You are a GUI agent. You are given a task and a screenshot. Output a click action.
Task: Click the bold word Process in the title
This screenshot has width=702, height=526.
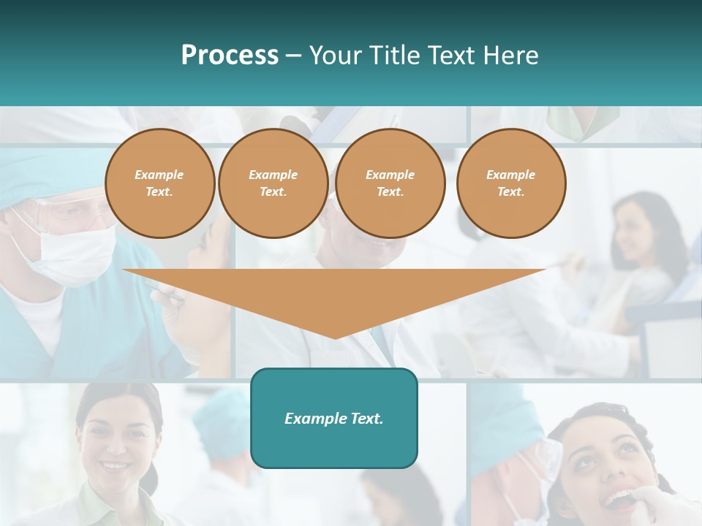230,56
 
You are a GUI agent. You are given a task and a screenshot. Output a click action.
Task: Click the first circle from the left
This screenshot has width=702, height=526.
160,183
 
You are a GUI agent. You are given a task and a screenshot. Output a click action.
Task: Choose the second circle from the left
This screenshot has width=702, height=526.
273,183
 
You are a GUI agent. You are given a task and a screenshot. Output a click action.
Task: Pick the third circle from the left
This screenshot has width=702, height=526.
390,183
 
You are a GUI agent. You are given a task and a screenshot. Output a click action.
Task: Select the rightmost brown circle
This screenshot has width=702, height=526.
511,183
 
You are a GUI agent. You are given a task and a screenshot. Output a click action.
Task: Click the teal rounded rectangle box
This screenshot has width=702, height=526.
334,418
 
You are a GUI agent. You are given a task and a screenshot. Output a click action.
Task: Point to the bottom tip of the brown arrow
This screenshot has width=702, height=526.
335,338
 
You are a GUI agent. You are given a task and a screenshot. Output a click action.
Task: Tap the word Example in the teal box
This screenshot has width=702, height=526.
312,419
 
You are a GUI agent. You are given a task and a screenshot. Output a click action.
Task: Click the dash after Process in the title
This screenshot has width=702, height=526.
293,56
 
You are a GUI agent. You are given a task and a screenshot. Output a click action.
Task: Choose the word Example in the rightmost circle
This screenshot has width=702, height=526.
510,175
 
